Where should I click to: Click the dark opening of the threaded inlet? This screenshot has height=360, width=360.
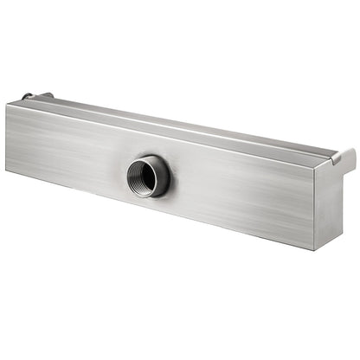pos(142,178)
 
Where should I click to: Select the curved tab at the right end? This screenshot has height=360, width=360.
pos(345,157)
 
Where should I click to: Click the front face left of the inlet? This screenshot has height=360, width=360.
pos(69,143)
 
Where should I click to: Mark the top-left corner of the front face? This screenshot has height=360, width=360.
pos(7,103)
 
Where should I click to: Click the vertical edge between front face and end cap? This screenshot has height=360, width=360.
pos(314,208)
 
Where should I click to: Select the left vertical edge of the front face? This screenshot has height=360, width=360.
pos(7,136)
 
